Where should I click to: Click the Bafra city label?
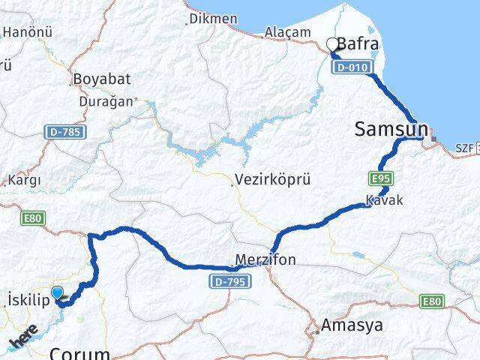tap(358, 44)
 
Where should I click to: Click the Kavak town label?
tap(384, 200)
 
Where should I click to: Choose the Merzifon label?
tap(265, 260)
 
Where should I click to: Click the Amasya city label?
tap(351, 325)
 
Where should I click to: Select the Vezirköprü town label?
tap(272, 180)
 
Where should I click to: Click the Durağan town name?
tap(108, 100)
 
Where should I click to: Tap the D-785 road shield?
tap(66, 132)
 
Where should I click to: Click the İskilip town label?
tap(27, 299)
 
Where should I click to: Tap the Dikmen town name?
tap(213, 18)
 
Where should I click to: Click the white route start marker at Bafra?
tap(333, 43)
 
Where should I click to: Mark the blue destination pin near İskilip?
tap(58, 293)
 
